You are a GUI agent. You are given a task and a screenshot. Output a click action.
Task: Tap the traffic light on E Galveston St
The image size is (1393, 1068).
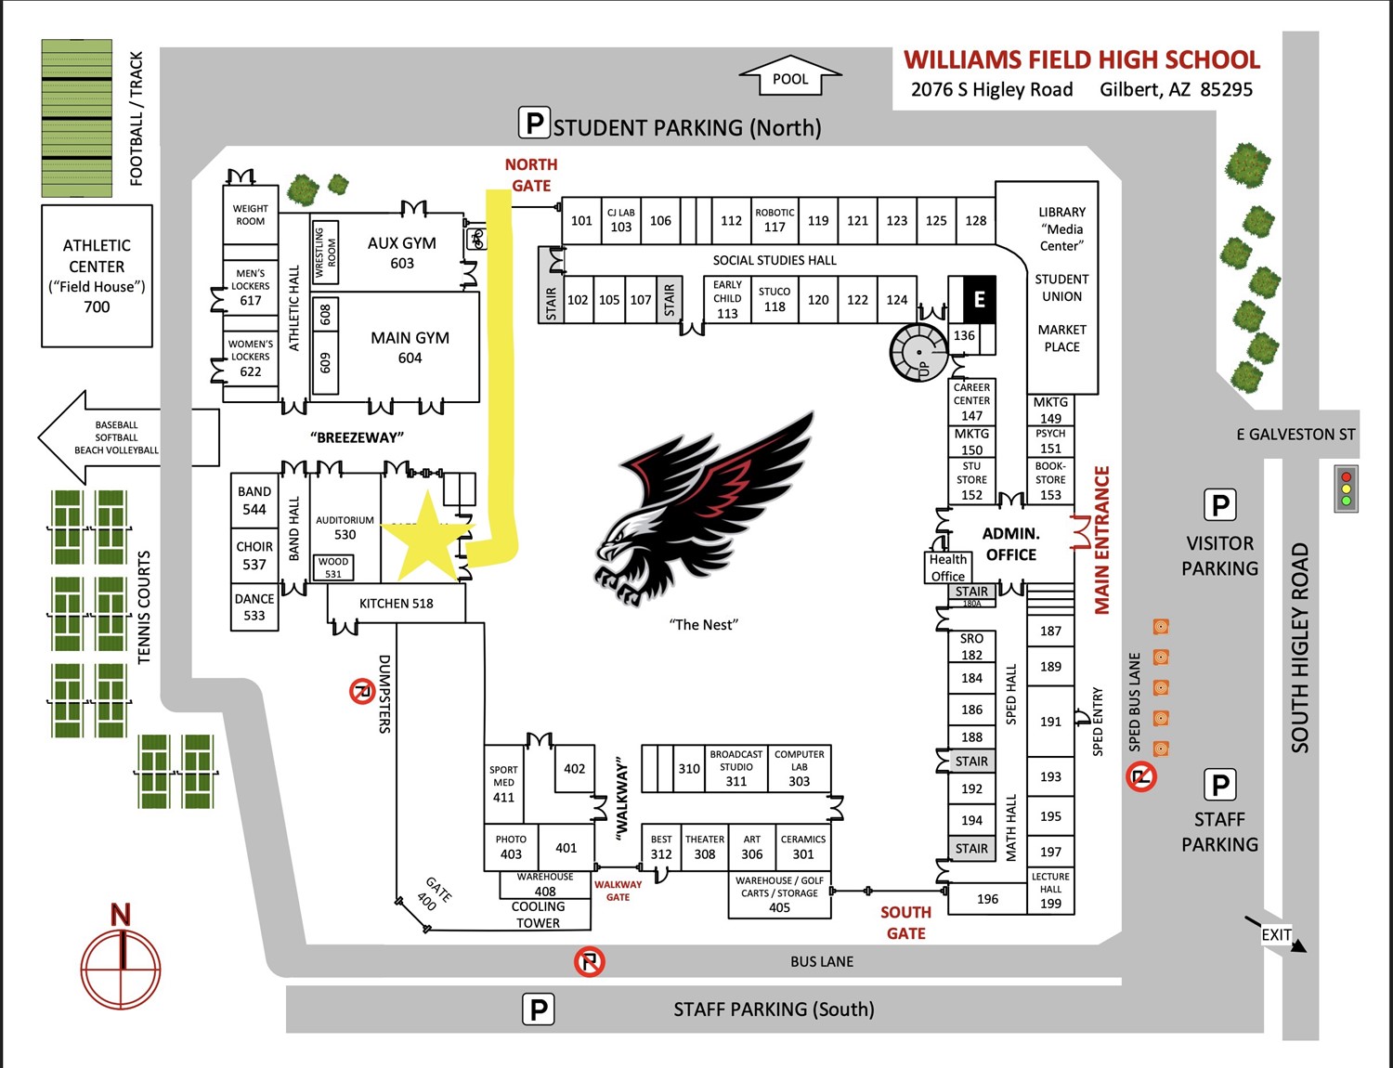point(1346,488)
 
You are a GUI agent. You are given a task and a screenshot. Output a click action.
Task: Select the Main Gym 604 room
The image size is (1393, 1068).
point(410,347)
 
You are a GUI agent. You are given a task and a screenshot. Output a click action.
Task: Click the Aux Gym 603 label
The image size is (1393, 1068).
point(401,253)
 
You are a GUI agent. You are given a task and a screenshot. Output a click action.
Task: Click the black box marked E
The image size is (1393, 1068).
point(979,299)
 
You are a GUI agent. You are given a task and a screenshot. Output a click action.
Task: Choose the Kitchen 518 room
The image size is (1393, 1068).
point(396,604)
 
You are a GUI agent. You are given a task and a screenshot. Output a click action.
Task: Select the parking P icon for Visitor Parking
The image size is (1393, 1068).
point(1220,505)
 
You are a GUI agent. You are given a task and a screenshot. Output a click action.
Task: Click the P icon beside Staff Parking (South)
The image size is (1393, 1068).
point(539,1009)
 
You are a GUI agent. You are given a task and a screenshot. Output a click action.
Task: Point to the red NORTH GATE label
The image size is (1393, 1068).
point(531,175)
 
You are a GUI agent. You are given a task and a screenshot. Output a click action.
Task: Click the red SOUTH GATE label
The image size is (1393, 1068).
point(905,923)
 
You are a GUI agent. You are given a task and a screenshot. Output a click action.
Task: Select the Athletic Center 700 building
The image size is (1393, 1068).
point(97,276)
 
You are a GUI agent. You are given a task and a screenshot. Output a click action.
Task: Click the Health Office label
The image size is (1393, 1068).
point(947,567)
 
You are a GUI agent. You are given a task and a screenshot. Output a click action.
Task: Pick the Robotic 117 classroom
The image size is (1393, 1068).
point(775,220)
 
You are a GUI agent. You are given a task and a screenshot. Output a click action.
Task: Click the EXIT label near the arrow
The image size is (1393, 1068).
point(1275,934)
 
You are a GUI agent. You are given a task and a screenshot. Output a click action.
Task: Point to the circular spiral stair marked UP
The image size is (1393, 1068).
point(918,353)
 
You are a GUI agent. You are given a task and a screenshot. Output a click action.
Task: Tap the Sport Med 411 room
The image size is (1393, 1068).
point(503,784)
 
